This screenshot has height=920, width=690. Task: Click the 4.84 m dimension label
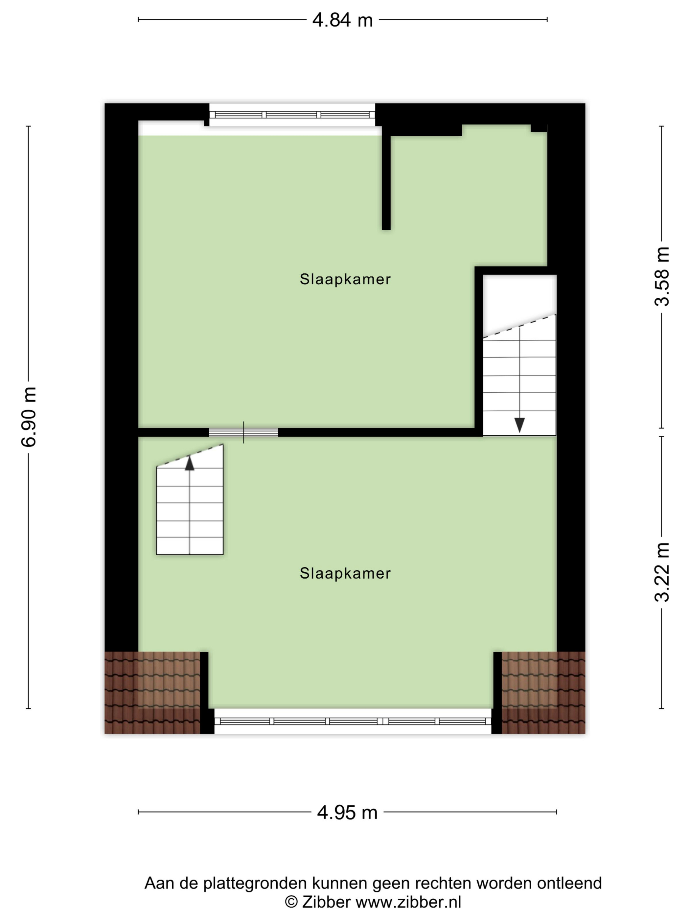pyautogui.click(x=342, y=20)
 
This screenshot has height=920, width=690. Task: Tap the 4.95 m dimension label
pyautogui.click(x=347, y=812)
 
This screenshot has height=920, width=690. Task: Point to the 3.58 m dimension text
pyautogui.click(x=662, y=277)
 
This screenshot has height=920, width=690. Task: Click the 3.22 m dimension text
pyautogui.click(x=662, y=572)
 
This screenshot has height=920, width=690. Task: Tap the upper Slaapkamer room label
pyautogui.click(x=345, y=279)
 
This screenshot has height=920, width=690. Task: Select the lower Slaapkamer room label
pyautogui.click(x=345, y=574)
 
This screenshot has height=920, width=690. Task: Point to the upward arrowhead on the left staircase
pyautogui.click(x=190, y=463)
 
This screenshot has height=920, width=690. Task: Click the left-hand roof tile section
pyautogui.click(x=152, y=693)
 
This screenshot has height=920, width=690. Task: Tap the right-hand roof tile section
pyautogui.click(x=543, y=693)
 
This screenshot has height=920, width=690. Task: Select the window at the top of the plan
pyautogui.click(x=292, y=115)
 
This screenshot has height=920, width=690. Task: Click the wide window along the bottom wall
pyautogui.click(x=353, y=721)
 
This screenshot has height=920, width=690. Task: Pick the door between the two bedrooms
pyautogui.click(x=243, y=432)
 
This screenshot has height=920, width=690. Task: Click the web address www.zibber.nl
pyautogui.click(x=408, y=902)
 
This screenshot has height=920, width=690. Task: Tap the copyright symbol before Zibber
pyautogui.click(x=291, y=902)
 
